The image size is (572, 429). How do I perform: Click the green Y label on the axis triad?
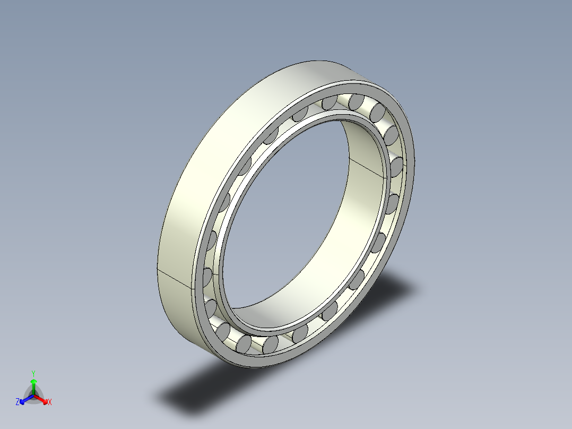coord(33,373)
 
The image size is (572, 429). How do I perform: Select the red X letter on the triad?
coord(50,402)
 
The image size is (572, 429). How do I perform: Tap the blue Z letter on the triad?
coord(18,402)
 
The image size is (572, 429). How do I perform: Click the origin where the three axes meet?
coord(33,395)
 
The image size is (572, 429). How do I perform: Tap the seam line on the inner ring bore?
coord(366,167)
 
